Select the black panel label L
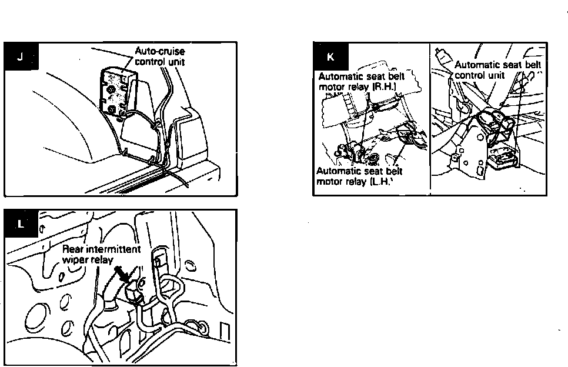click(22, 224)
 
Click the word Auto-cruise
click(160, 52)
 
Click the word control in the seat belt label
click(470, 75)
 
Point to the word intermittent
click(112, 249)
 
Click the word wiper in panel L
click(73, 259)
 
